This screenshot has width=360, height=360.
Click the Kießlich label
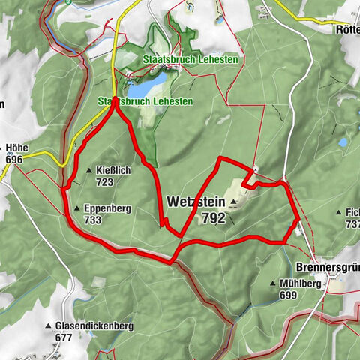(114, 171)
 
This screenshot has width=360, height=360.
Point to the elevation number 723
(104, 182)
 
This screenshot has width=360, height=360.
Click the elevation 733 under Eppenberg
(93, 220)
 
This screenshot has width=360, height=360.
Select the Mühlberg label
(301, 284)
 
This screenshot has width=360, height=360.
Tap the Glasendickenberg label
(94, 326)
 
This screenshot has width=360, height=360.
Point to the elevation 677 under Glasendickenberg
(64, 337)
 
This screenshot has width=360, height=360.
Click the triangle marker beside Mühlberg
(273, 284)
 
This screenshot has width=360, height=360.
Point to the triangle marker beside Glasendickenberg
(48, 326)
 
